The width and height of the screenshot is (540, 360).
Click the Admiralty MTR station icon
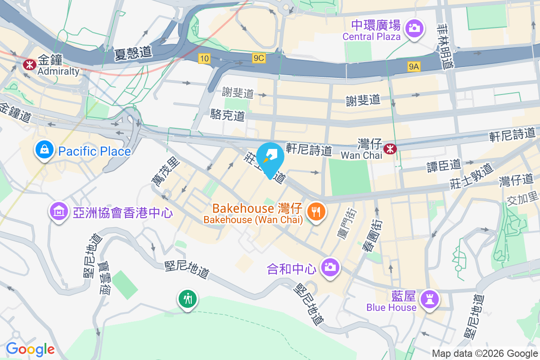coord(30,64)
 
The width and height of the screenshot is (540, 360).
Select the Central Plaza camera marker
coord(413,29)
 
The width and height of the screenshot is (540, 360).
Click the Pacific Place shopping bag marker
coord(45,150)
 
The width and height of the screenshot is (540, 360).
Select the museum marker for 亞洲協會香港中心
coord(59,211)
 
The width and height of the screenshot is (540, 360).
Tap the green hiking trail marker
coord(188,298)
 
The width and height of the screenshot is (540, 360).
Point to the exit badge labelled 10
coord(204,58)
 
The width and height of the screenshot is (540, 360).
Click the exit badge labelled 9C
coord(258,58)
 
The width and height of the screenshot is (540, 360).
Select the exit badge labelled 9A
coord(414,67)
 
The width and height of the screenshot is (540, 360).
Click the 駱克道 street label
coord(228,115)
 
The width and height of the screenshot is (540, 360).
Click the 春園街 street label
coord(377,234)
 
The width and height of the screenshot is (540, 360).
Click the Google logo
coord(30,349)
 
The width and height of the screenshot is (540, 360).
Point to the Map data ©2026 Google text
coord(485,353)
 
